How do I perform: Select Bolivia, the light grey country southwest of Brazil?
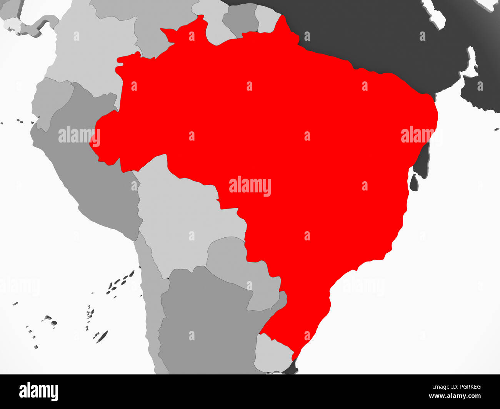[185, 215]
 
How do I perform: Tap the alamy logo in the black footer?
[39, 392]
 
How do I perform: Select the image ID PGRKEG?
[467, 387]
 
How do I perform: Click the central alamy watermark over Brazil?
[250, 186]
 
